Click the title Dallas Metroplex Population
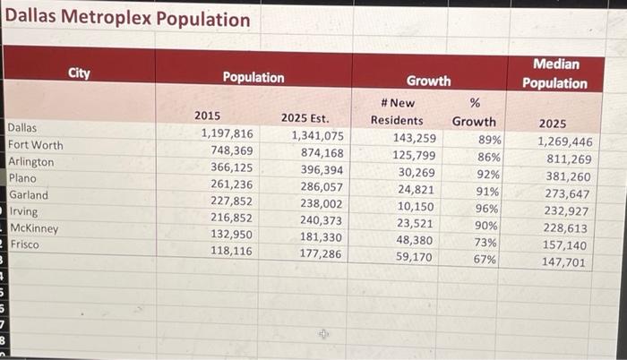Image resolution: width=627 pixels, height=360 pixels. (127, 19)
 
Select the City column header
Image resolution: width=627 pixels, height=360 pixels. (79, 73)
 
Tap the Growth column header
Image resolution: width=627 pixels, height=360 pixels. (428, 81)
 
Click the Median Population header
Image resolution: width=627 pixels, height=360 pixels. (554, 73)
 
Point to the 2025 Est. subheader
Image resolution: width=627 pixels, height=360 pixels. (305, 117)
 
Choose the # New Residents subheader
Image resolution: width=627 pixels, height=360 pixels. (397, 112)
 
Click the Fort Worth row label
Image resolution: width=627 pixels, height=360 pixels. (36, 145)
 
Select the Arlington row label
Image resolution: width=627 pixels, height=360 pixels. (31, 162)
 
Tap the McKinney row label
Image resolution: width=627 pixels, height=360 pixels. (34, 228)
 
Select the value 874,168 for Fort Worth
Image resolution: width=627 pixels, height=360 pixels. (322, 153)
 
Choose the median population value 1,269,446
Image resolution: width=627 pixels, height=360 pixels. (564, 141)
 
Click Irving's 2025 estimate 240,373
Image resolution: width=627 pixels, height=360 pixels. (322, 220)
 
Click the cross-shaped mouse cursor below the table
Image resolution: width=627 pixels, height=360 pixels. (324, 334)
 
